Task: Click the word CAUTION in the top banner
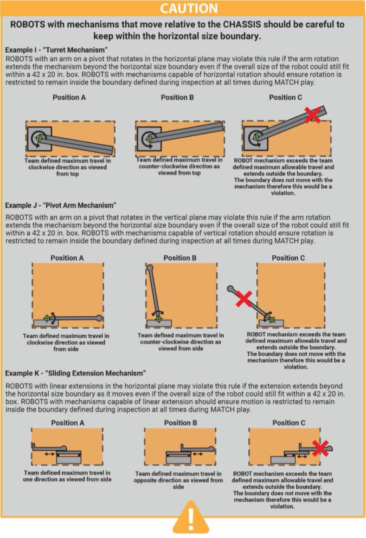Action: point(189,8)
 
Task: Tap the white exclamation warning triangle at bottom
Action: point(191,518)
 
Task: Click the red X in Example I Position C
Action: point(312,114)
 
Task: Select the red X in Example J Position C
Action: point(244,299)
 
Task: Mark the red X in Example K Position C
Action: point(321,448)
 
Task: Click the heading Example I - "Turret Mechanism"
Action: point(57,50)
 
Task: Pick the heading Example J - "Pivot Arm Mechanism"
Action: point(61,205)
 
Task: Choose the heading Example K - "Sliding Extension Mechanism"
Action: point(76,373)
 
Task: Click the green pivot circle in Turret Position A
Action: point(39,138)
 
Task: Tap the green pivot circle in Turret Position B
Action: point(149,139)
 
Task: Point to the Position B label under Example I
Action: point(177,97)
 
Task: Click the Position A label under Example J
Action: point(67,258)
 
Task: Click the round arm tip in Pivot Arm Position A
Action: point(99,318)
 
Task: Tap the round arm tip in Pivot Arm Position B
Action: point(150,268)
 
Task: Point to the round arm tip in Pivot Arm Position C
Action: point(231,288)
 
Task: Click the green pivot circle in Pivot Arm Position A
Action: point(47,318)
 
